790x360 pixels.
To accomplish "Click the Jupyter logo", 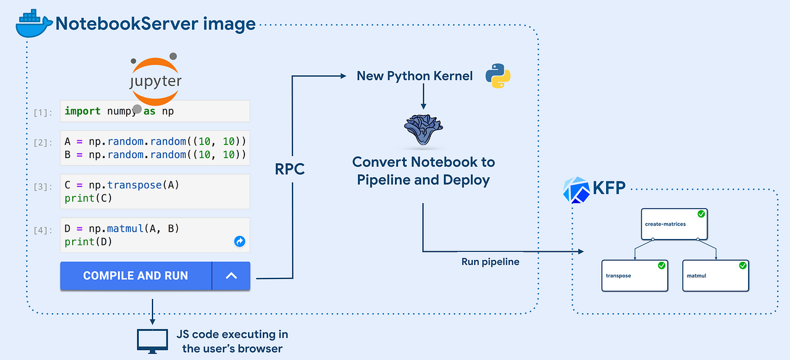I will coord(156,80).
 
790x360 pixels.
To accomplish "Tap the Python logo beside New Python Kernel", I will coord(498,76).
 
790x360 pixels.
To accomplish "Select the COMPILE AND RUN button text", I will coord(135,276).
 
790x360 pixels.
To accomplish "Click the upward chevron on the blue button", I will coord(231,276).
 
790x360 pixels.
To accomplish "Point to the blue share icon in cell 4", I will coord(239,241).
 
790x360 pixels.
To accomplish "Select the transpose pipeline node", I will coord(635,275).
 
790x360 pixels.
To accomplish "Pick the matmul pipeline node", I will coord(715,275).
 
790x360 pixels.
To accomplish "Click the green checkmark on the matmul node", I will coord(742,266).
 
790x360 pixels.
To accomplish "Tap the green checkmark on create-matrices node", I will coord(701,214).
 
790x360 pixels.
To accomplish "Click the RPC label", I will coord(290,169).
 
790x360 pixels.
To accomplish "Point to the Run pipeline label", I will coord(490,261).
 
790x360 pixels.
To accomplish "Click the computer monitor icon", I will coord(152,340).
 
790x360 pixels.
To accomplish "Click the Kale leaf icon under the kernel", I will coord(423,130).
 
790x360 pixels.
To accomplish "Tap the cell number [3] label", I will coord(43,187).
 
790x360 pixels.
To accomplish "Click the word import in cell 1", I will coord(82,111).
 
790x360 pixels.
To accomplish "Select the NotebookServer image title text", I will coord(156,24).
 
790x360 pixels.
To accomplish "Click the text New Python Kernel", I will coord(414,76).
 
